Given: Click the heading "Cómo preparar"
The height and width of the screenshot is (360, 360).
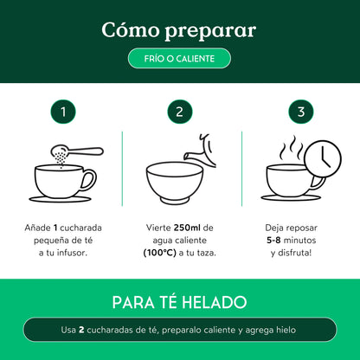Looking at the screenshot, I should (179, 30).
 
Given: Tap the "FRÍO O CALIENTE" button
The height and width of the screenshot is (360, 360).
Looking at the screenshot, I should (179, 58).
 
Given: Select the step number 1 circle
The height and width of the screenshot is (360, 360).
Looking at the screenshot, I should (61, 111).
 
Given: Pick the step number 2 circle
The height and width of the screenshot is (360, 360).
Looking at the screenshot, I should (179, 111).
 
